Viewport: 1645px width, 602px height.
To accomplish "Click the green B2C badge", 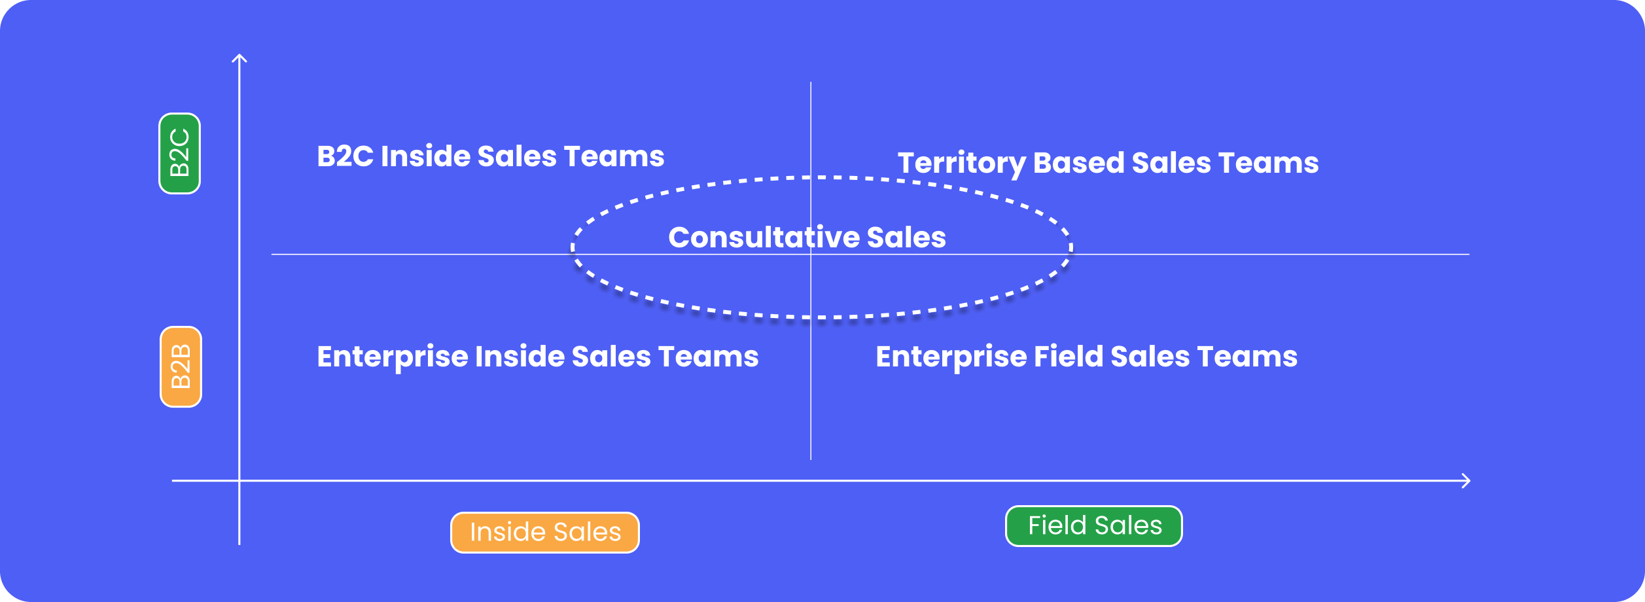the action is pyautogui.click(x=180, y=154).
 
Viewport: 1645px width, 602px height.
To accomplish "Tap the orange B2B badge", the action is pyautogui.click(x=181, y=367).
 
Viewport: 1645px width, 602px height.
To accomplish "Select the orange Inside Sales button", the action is pyautogui.click(x=545, y=533).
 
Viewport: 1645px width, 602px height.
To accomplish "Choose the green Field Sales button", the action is pyautogui.click(x=1094, y=526).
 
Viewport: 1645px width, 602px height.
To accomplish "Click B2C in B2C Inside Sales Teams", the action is pyautogui.click(x=345, y=156).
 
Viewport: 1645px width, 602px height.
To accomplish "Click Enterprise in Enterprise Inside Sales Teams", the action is pyautogui.click(x=393, y=357).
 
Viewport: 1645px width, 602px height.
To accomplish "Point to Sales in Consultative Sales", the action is pyautogui.click(x=906, y=238).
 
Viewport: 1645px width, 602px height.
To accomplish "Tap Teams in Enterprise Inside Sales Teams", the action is pyautogui.click(x=709, y=357).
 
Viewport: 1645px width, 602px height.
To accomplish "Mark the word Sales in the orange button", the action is pyautogui.click(x=586, y=533).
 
